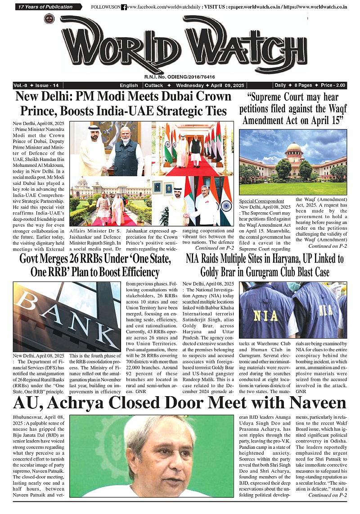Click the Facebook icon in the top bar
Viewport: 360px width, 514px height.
[124, 7]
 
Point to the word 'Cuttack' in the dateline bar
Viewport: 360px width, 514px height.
[154, 85]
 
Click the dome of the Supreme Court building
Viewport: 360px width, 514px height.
[294, 148]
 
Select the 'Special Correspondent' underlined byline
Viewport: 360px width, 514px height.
[261, 201]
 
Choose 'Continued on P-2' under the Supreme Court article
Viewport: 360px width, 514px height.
[327, 246]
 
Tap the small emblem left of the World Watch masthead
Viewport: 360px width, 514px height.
[48, 19]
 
